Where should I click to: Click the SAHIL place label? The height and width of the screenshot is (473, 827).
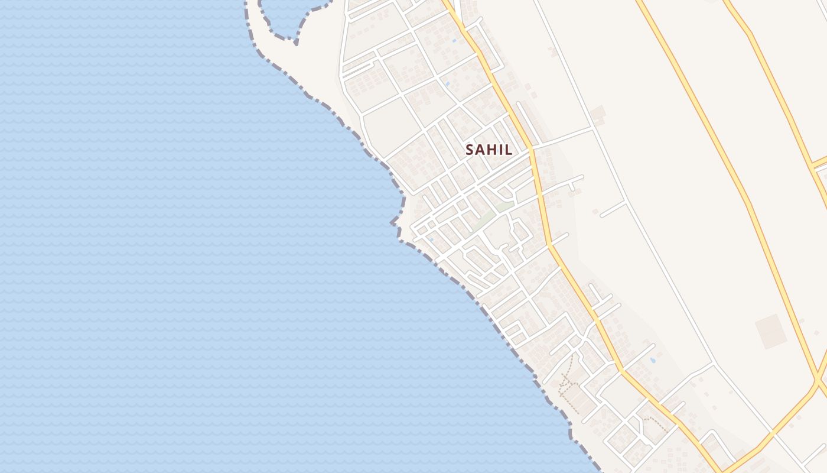coord(489,150)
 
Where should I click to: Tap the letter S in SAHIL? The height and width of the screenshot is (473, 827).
coord(470,150)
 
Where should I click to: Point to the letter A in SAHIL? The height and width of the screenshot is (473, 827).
coord(481,150)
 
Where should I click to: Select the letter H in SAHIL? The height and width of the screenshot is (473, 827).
coord(492,150)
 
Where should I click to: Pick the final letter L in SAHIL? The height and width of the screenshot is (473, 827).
coord(509,150)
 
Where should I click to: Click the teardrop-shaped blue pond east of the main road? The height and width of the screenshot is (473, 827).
coord(652,359)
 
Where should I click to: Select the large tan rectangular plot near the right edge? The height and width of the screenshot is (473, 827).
coord(771,331)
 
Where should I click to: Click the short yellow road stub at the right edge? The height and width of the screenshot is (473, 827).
coord(819,162)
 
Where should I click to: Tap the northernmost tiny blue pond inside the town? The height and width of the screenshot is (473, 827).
coord(454,41)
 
